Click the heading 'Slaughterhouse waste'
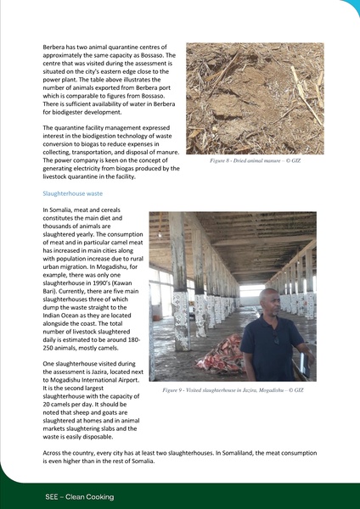(72, 193)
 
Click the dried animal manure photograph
(255, 98)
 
